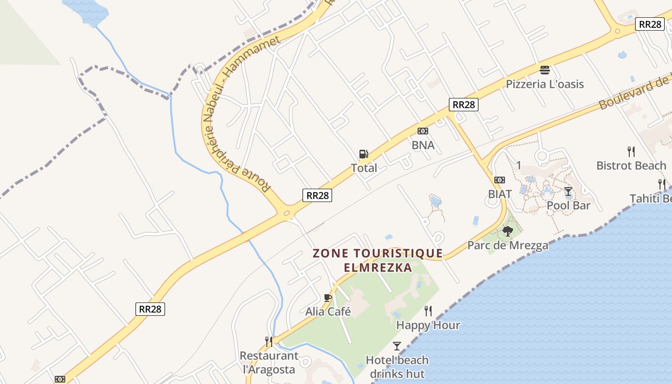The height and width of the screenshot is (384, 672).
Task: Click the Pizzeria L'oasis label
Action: (x=545, y=84)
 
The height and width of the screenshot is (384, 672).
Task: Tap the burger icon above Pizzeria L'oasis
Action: (x=544, y=70)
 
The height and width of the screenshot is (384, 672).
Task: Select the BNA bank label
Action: (x=423, y=145)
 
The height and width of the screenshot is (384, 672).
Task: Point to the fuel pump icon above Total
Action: (x=364, y=154)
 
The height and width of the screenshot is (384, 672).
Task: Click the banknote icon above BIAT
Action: (x=500, y=180)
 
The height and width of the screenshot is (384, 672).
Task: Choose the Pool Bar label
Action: (x=568, y=205)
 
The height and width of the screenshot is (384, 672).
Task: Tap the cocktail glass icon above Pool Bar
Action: (x=568, y=192)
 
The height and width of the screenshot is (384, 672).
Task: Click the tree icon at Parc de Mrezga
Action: (x=507, y=231)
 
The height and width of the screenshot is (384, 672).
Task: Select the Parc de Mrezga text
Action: (x=508, y=246)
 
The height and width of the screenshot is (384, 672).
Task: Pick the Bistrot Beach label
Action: (x=631, y=166)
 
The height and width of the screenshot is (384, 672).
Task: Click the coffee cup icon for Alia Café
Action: (x=328, y=298)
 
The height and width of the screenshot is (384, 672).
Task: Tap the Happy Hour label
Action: (x=428, y=325)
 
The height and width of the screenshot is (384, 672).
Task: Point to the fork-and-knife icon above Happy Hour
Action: (x=428, y=311)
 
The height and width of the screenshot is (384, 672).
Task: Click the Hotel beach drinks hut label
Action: (x=397, y=367)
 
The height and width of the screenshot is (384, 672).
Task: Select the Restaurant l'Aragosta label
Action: (x=269, y=362)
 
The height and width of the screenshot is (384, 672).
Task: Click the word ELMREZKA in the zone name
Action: (x=377, y=267)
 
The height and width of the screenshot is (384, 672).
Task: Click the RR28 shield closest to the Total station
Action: (x=317, y=195)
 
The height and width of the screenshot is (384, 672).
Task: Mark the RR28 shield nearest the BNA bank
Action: (x=464, y=105)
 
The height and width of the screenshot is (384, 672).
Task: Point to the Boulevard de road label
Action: (x=634, y=91)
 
